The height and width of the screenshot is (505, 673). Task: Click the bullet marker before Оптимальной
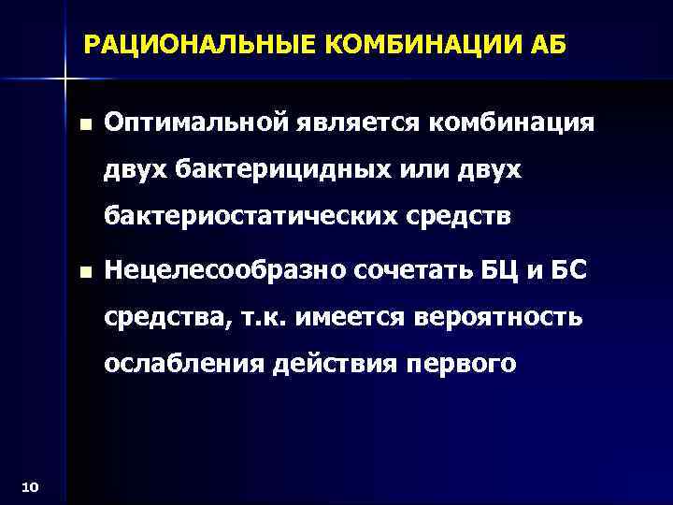86,124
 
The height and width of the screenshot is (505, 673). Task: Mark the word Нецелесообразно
225,271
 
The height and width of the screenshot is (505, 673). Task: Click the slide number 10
28,485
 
